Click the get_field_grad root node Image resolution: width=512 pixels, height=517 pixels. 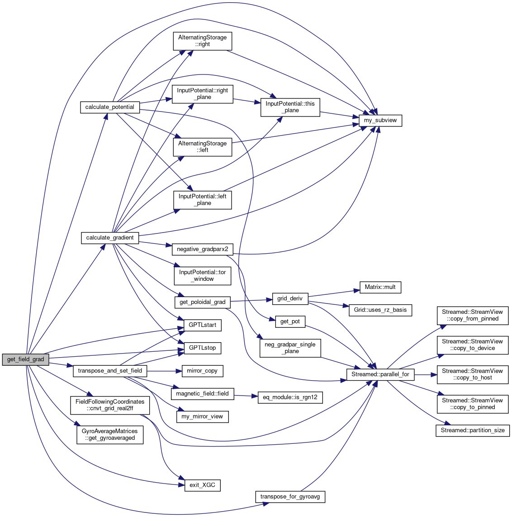tap(26, 360)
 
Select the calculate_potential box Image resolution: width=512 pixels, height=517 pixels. tap(110, 107)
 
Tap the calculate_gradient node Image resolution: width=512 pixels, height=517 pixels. tap(110, 238)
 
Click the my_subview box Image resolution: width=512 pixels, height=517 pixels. tap(380, 121)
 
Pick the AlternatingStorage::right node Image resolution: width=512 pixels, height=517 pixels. tap(202, 41)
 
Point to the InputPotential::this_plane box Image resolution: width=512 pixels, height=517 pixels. tap(290, 107)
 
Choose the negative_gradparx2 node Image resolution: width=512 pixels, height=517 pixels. tap(202, 249)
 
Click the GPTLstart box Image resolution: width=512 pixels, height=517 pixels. tap(202, 325)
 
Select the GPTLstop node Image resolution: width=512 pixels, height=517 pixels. tap(202, 348)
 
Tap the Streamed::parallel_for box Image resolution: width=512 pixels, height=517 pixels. tap(380, 374)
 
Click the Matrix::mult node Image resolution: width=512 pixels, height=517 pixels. tap(380, 287)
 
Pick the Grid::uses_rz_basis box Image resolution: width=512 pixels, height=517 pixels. tap(380, 310)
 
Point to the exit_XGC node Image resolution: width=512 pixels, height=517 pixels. tap(202, 485)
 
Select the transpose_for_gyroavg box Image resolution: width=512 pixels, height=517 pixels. tap(290, 497)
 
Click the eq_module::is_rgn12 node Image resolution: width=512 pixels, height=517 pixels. tap(290, 397)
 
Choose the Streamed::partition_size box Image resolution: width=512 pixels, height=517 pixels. tap(473, 430)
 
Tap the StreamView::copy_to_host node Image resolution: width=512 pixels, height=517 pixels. tap(473, 374)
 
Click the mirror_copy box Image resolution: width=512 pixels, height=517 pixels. tap(202, 371)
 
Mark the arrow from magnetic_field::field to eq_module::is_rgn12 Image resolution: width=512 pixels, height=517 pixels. tap(245, 396)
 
